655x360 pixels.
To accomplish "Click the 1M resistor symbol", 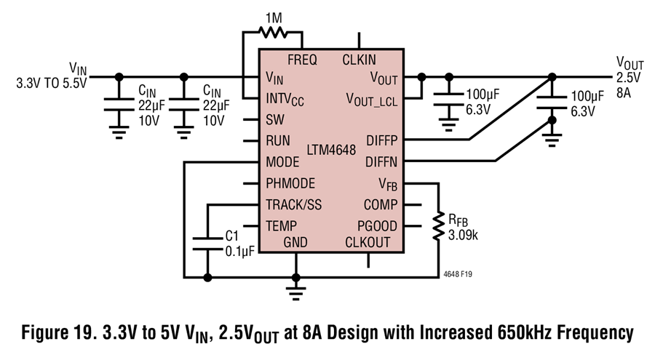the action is [273, 32].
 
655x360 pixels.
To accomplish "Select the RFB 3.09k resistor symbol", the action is [438, 226].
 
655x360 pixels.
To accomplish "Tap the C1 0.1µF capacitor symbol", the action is [207, 244].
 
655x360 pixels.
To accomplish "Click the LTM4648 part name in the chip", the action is [331, 150].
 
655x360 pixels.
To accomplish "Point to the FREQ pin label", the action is [302, 60].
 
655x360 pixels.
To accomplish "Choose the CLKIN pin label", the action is [360, 60].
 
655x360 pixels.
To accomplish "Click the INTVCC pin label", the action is [285, 100].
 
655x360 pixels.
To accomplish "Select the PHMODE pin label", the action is [290, 183].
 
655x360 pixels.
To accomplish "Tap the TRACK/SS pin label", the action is [294, 205].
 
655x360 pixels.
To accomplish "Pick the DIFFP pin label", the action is [382, 141].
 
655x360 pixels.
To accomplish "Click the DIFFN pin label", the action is [381, 162].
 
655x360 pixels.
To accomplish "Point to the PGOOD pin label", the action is [377, 226].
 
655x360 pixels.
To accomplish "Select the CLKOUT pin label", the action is [368, 243].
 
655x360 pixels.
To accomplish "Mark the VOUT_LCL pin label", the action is [372, 100].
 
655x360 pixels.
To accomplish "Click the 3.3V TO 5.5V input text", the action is [52, 83].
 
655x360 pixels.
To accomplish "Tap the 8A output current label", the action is [624, 92].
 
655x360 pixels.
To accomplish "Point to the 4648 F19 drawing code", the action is [458, 274].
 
